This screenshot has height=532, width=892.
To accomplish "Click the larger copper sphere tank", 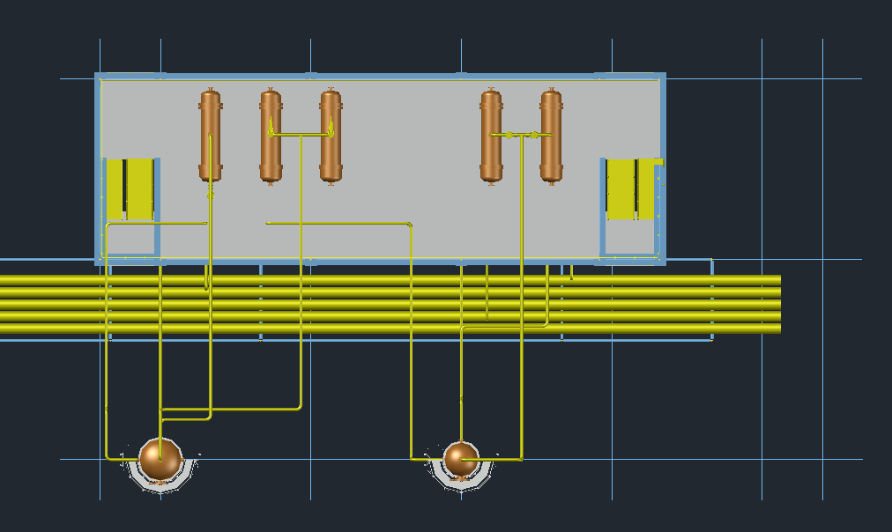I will tap(160, 459).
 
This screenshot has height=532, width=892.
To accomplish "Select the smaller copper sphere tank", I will tap(460, 459).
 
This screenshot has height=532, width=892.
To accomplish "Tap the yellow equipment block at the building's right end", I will tap(631, 188).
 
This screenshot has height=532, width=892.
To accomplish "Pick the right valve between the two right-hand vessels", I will tap(534, 135).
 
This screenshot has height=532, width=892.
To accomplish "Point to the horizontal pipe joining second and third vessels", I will tap(301, 135).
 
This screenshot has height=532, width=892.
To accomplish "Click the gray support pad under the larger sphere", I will tap(160, 481).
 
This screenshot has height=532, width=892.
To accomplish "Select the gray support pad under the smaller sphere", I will tap(460, 481).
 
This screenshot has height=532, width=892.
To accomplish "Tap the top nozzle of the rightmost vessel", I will tap(551, 90).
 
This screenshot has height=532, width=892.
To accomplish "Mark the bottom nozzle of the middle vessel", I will tap(331, 182).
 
